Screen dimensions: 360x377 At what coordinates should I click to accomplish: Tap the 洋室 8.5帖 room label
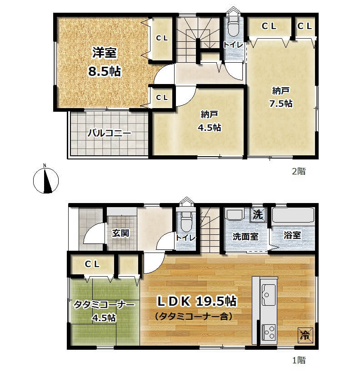click(x=105, y=62)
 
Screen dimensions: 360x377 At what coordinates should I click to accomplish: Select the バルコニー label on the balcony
click(x=109, y=133)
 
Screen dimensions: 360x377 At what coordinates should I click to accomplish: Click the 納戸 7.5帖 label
click(x=281, y=97)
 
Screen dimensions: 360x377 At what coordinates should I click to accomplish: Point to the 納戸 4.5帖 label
click(x=210, y=121)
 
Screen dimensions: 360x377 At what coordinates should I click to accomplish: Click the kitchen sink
click(x=268, y=294)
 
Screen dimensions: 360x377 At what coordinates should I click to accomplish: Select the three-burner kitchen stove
click(x=268, y=332)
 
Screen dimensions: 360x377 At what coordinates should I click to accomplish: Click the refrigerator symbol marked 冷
click(x=305, y=335)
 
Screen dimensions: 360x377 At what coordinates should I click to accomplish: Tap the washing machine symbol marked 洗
click(x=258, y=214)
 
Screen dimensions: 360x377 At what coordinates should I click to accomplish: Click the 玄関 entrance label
click(x=120, y=233)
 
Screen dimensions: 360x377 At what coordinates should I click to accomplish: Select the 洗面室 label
click(x=245, y=236)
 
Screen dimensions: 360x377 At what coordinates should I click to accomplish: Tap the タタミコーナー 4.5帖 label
click(x=104, y=311)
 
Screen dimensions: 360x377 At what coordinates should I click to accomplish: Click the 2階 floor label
click(x=299, y=171)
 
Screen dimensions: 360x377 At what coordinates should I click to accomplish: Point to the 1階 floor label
click(x=299, y=360)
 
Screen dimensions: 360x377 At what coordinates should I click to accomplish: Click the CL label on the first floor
click(x=92, y=264)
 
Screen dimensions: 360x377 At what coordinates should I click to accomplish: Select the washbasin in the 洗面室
click(x=235, y=214)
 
